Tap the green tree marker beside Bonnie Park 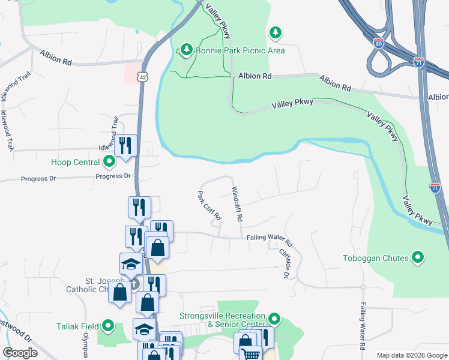tap(186, 49)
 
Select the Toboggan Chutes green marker tap(418, 258)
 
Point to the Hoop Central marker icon tap(109, 161)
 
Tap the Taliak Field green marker tap(108, 326)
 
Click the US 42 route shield tap(140, 77)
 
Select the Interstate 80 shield tap(378, 43)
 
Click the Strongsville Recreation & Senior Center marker tap(274, 318)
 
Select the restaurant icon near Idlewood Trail tap(125, 146)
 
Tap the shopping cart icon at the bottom tap(250, 354)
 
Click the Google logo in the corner tap(20, 352)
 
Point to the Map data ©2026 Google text tap(412, 355)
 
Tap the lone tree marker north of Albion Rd tap(275, 32)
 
